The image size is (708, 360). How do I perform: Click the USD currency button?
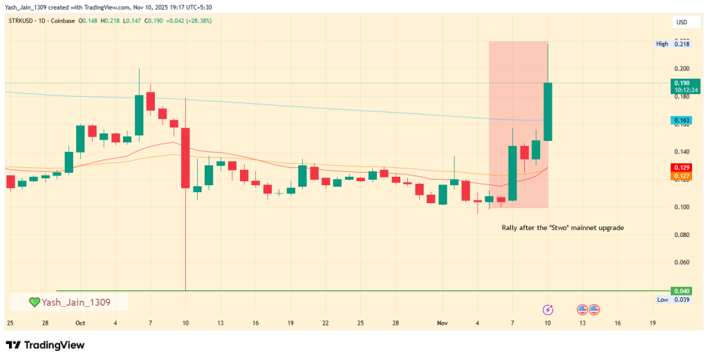click(681, 23)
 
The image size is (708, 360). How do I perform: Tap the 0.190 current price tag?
click(682, 83)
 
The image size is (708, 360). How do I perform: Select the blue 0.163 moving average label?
click(682, 120)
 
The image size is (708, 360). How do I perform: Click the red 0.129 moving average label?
click(682, 168)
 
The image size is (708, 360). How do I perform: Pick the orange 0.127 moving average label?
click(682, 176)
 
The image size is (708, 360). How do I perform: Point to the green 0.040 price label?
click(682, 291)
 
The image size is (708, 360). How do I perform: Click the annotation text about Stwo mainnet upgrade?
click(563, 227)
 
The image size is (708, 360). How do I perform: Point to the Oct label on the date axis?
click(80, 323)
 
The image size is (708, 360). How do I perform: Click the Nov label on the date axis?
click(442, 323)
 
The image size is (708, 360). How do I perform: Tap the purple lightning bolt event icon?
click(548, 310)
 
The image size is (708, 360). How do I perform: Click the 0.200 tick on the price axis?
click(682, 68)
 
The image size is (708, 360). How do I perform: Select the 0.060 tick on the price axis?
click(682, 263)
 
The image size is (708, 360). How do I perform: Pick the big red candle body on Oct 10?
click(185, 158)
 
